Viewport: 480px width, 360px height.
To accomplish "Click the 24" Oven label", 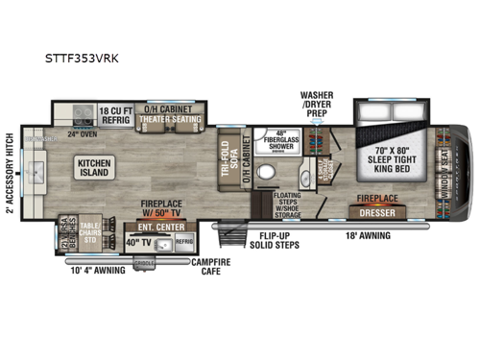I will point(79,134).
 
